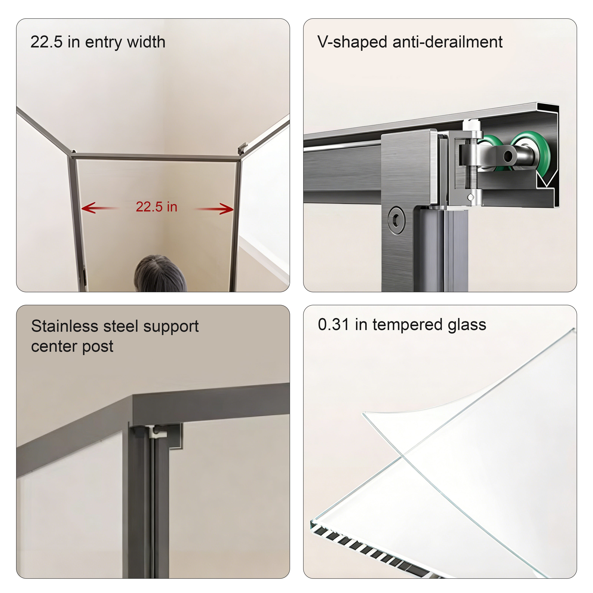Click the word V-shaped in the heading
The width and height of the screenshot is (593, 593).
tap(352, 42)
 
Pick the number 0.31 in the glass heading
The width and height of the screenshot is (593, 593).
tap(333, 324)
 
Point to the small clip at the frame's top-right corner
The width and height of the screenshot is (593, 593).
tap(242, 148)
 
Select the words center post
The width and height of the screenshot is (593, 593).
tap(72, 347)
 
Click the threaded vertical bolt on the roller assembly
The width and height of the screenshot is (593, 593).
tap(471, 172)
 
